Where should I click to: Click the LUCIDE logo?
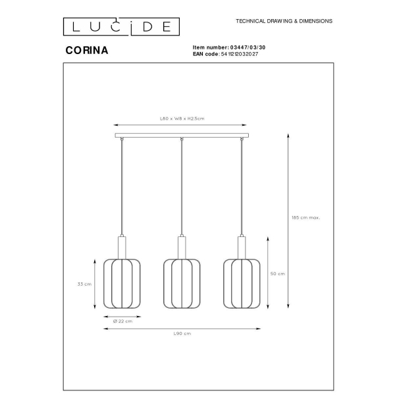pyautogui.click(x=121, y=26)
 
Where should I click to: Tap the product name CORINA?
pyautogui.click(x=87, y=51)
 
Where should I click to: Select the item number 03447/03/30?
pyautogui.click(x=248, y=47)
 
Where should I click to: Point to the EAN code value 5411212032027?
pyautogui.click(x=240, y=54)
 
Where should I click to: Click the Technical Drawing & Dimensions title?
pyautogui.click(x=284, y=21)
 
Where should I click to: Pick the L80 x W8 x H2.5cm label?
pyautogui.click(x=182, y=118)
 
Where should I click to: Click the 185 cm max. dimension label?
pyautogui.click(x=306, y=218)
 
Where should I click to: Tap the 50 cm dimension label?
pyautogui.click(x=278, y=274)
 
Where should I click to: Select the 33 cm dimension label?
pyautogui.click(x=84, y=284)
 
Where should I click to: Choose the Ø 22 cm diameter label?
pyautogui.click(x=122, y=321)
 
